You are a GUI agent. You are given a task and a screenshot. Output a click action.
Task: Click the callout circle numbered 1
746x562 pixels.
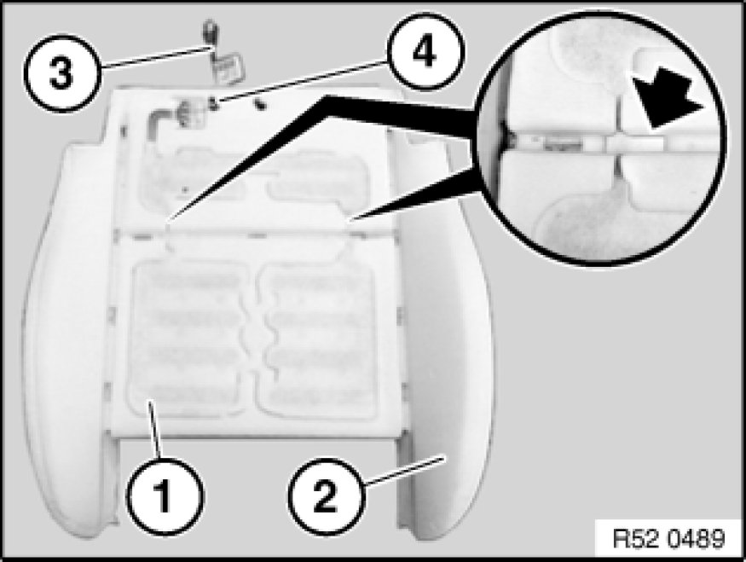click(x=164, y=495)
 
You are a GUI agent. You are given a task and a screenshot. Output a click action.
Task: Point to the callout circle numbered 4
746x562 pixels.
click(x=424, y=52)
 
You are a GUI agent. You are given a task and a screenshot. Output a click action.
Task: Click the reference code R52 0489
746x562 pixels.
click(x=669, y=539)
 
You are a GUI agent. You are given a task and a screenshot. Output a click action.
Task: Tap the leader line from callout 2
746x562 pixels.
click(x=404, y=471)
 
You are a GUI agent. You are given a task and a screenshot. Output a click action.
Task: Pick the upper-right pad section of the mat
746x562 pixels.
click(x=315, y=180)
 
